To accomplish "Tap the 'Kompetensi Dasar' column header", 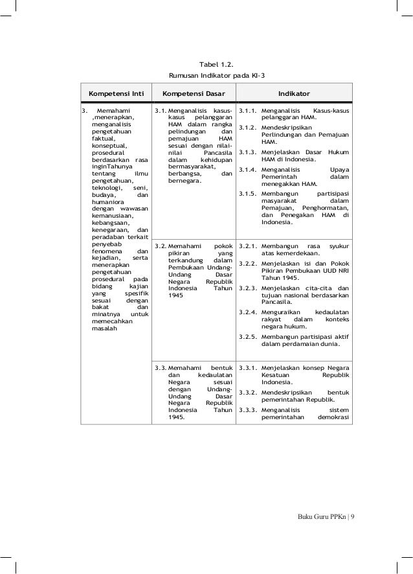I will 193,93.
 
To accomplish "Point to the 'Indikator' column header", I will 295,93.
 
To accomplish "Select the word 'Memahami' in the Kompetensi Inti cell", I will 113,111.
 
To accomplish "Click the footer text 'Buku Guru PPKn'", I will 318,516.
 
